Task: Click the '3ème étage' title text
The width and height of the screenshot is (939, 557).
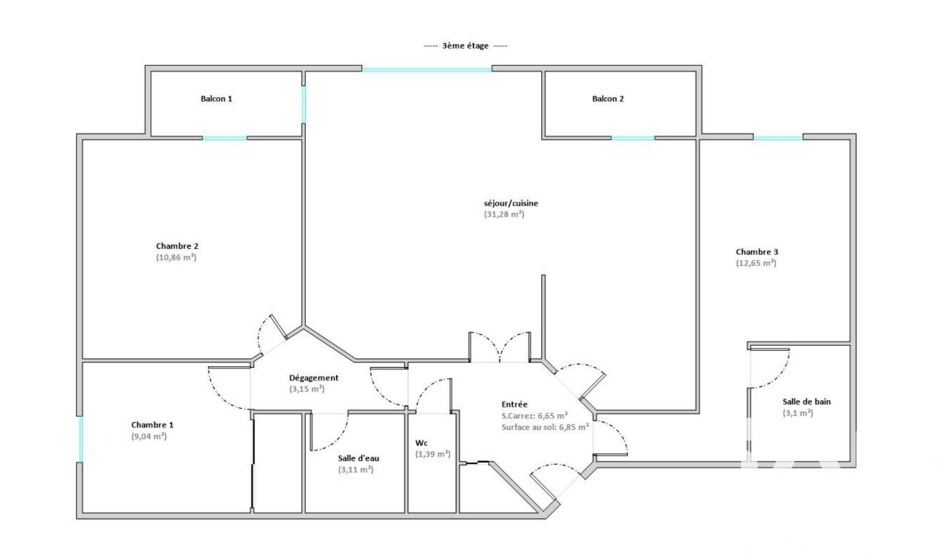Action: pos(465,46)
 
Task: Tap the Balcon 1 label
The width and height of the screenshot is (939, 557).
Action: pos(216,99)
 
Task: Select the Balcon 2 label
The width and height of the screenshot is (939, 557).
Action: pos(608,99)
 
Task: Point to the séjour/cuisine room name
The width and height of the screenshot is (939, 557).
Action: pos(511,204)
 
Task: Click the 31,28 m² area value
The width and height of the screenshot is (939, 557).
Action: pos(504,214)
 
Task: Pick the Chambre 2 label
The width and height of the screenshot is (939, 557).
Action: pos(177,246)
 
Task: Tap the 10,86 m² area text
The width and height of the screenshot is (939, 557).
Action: pos(176,257)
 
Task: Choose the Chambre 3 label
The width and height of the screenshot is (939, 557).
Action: pos(757,252)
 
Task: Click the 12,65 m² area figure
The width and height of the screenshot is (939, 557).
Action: pos(756,263)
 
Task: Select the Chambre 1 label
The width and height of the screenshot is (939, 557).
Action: pos(152,425)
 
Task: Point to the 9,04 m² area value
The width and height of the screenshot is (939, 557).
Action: pos(149,436)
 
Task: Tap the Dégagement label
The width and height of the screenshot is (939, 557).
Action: pos(314,378)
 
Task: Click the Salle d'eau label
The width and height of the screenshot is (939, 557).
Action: pos(359,458)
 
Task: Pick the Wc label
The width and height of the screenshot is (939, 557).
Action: pos(421,443)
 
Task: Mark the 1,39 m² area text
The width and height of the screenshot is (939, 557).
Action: pos(433,454)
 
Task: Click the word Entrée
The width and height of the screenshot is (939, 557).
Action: pos(515,404)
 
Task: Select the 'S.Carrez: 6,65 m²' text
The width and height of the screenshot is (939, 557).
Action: pos(534,416)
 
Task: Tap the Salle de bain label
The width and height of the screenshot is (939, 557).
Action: pos(806,402)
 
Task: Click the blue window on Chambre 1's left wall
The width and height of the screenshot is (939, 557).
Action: pos(80,439)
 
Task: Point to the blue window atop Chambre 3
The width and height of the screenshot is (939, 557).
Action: pos(778,138)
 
